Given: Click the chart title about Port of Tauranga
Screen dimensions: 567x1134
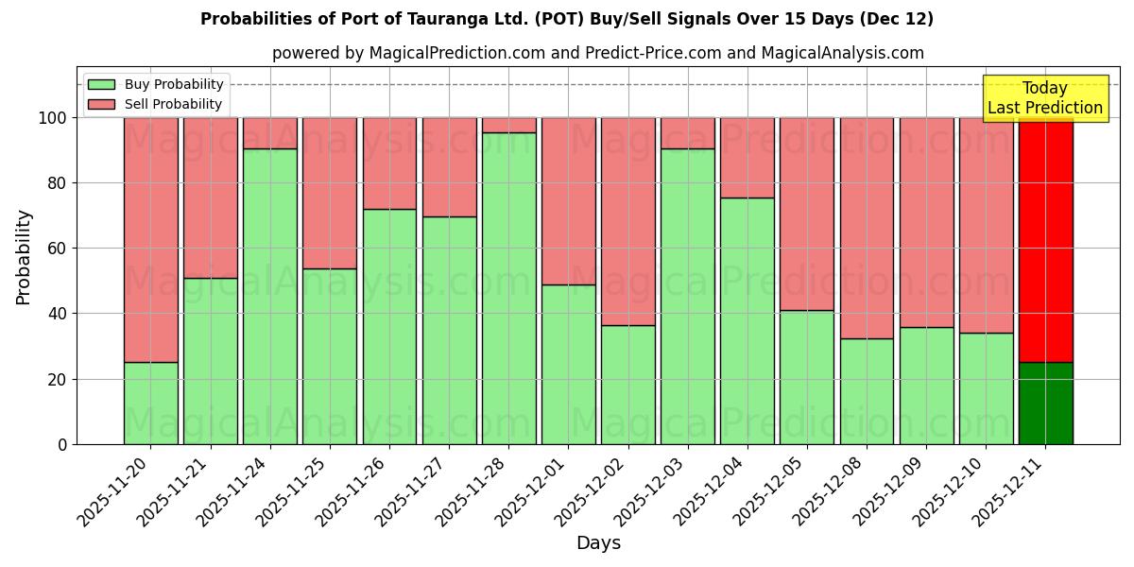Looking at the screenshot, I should click(x=567, y=19).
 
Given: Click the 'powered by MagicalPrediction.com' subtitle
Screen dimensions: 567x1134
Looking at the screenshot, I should click(x=597, y=53).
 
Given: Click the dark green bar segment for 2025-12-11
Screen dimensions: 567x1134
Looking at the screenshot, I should click(x=1045, y=404).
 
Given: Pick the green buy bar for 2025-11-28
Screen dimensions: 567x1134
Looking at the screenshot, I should click(x=508, y=288).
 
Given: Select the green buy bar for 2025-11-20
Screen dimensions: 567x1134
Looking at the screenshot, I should click(x=150, y=404).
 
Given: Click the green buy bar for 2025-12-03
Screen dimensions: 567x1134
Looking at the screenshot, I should click(x=687, y=297).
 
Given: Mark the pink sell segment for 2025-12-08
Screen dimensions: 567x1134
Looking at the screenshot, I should click(x=867, y=228).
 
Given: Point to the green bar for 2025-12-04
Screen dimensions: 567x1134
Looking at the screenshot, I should click(x=747, y=321).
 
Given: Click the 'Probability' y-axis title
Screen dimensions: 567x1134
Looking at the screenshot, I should click(x=24, y=257).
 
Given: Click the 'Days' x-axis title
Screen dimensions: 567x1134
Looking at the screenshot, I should click(x=598, y=543).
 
